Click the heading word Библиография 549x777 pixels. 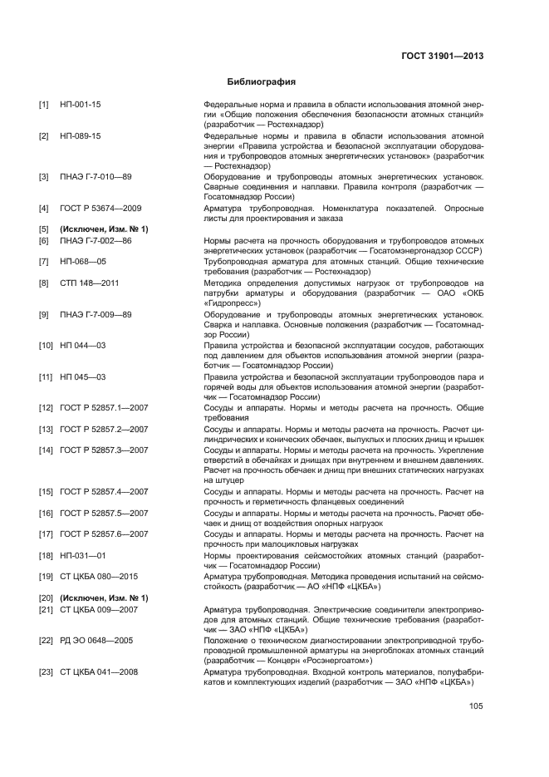point(262,82)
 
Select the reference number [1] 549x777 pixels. point(44,104)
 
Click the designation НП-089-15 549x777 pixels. point(81,135)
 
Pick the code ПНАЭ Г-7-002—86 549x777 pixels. point(96,239)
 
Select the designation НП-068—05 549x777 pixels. point(82,261)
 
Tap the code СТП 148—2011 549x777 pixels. point(89,283)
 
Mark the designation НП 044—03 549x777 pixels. point(82,344)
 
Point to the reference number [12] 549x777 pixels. point(46,407)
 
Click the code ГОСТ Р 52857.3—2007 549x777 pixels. point(104,450)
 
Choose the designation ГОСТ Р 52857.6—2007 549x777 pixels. point(104,534)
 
